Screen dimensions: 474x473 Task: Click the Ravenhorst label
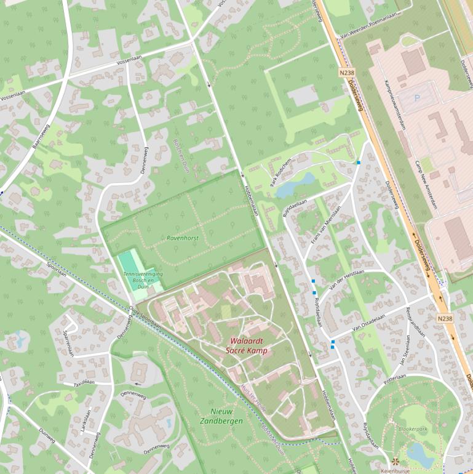(x=182, y=238)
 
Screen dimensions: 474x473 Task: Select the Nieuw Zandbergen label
(x=222, y=416)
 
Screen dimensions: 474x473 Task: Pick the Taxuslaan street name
(x=84, y=382)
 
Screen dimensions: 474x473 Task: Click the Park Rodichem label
(x=280, y=171)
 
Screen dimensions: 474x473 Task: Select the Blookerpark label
(x=412, y=428)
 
